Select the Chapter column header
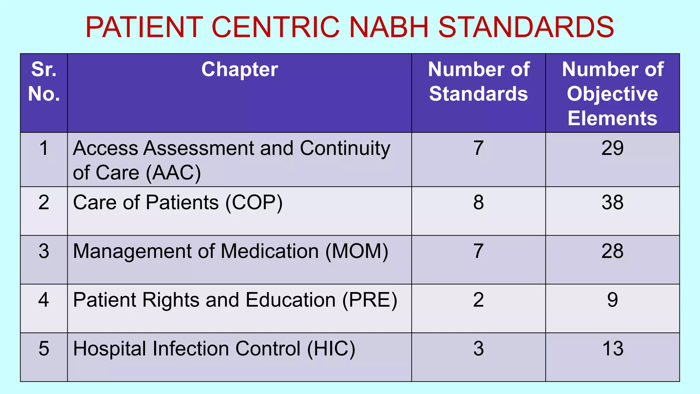(239, 69)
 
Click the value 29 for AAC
(612, 148)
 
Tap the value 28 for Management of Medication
(612, 251)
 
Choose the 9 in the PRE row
(612, 300)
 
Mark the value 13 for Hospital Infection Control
(612, 349)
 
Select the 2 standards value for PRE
(478, 300)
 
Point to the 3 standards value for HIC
(478, 349)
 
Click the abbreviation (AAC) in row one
(173, 173)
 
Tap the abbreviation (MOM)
(356, 251)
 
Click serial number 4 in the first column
(44, 300)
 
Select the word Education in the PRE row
(291, 300)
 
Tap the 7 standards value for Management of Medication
(478, 251)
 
